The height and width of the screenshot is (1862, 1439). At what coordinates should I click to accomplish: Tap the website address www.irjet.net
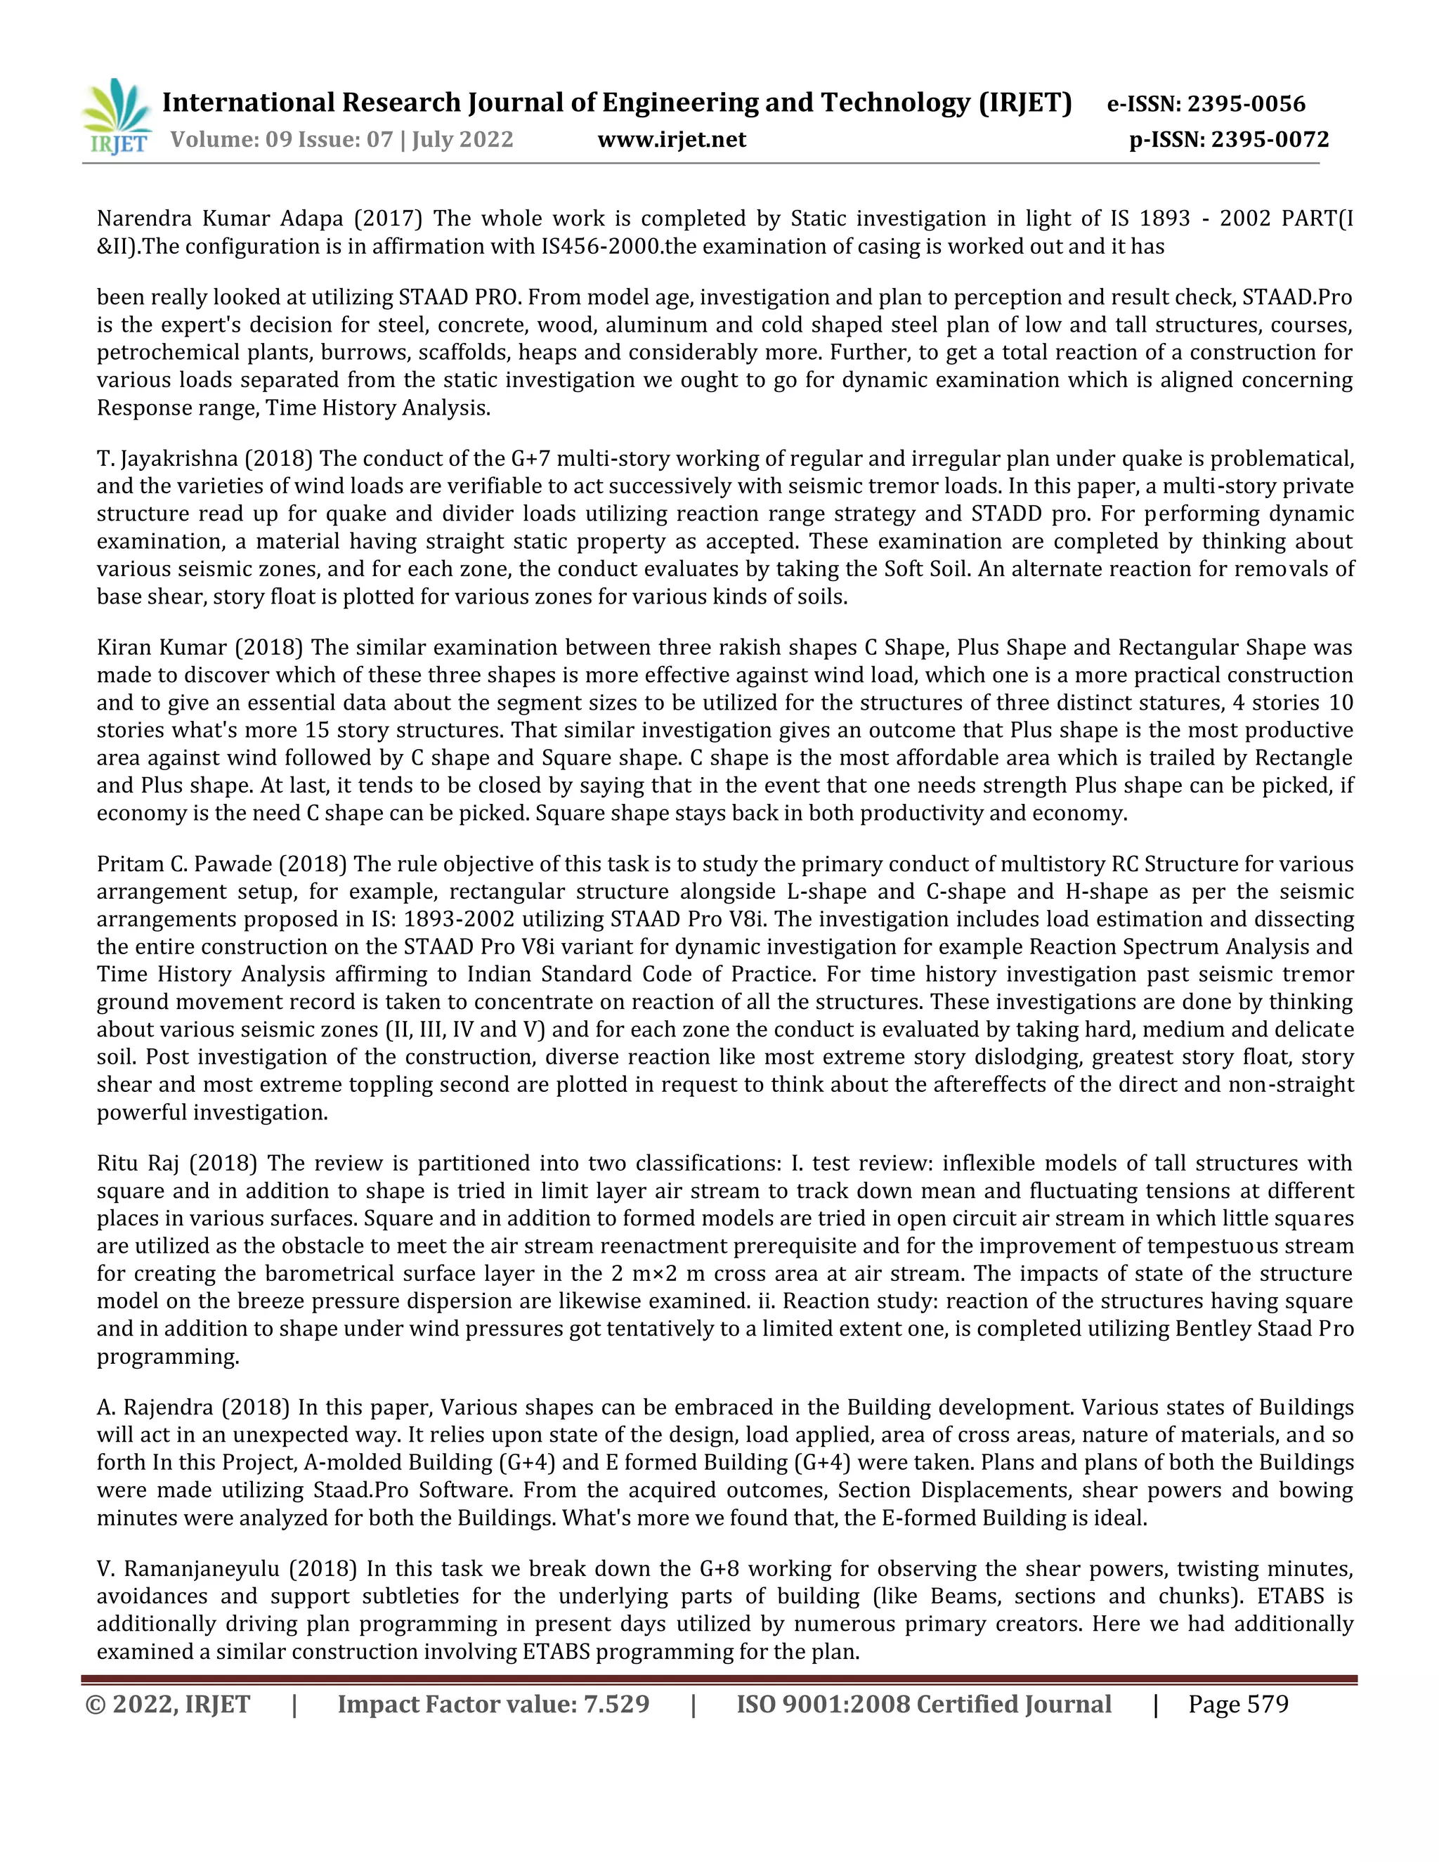[671, 139]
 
